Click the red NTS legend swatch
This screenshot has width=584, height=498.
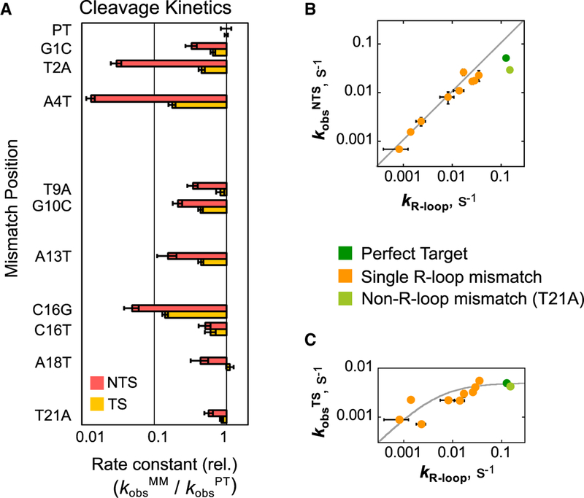[x=100, y=382]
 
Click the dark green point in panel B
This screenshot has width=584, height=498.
[x=506, y=58]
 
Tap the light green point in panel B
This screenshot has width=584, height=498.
[x=510, y=70]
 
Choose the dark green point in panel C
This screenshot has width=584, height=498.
[x=506, y=383]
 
